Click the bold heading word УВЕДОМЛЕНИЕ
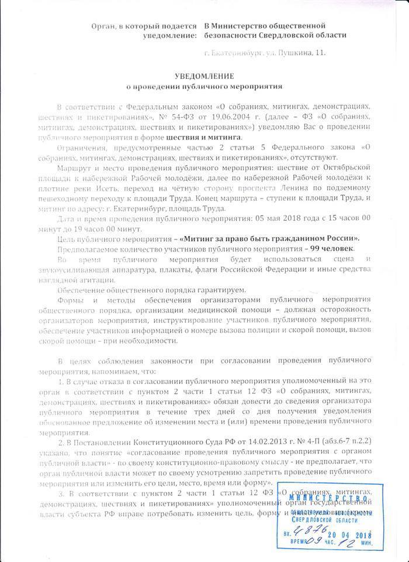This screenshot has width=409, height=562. click(204, 77)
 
